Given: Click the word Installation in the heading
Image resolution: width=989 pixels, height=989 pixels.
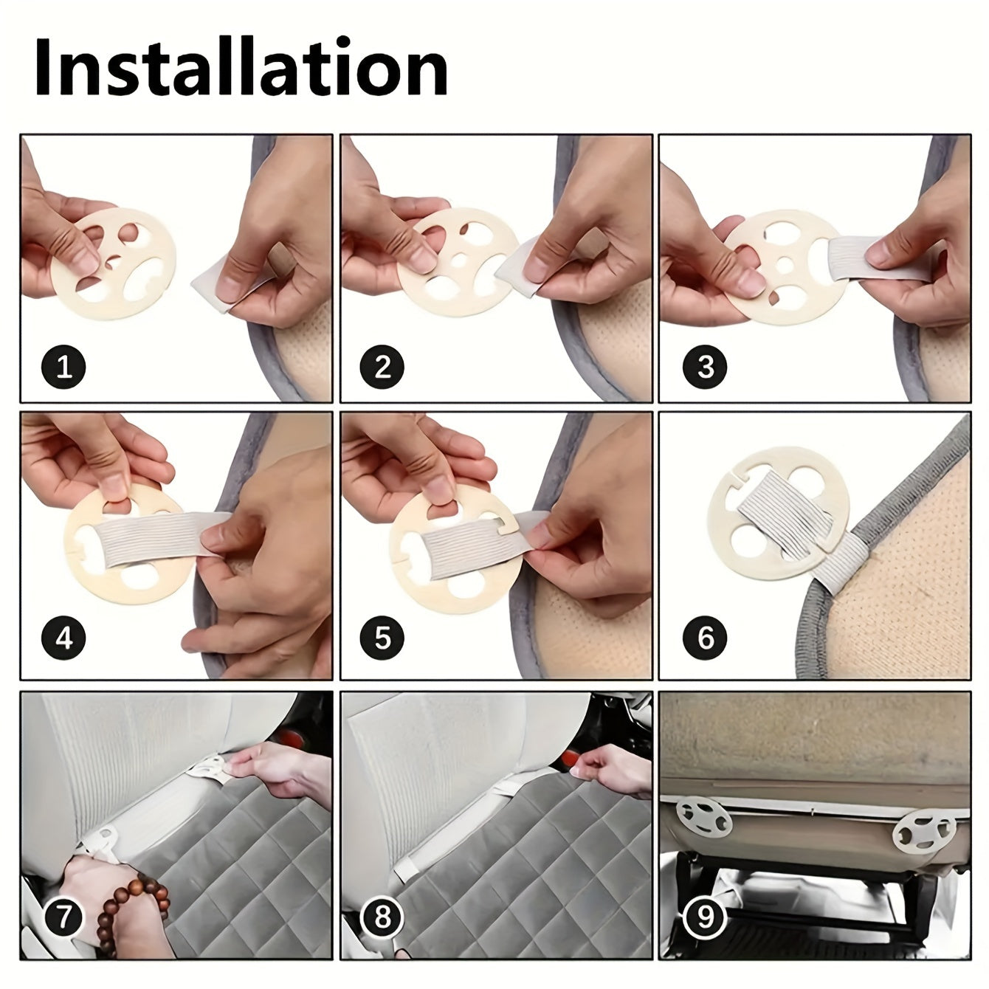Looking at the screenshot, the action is click(241, 66).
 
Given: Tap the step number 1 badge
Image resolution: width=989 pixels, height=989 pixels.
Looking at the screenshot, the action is click(63, 368).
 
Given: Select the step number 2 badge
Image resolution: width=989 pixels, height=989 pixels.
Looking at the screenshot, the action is click(383, 368).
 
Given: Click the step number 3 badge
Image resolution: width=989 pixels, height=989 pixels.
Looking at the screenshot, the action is click(706, 368).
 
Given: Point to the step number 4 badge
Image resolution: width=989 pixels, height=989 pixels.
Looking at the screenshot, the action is click(63, 639).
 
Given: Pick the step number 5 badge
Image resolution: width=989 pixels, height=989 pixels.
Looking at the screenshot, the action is click(383, 639).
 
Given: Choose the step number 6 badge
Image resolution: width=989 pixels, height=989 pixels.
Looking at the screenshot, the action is click(706, 639).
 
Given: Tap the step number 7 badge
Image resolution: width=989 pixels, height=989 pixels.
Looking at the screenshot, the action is click(63, 917).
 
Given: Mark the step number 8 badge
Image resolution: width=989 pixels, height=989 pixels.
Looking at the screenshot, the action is click(383, 917).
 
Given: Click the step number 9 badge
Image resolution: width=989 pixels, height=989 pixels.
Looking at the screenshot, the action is click(706, 917).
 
